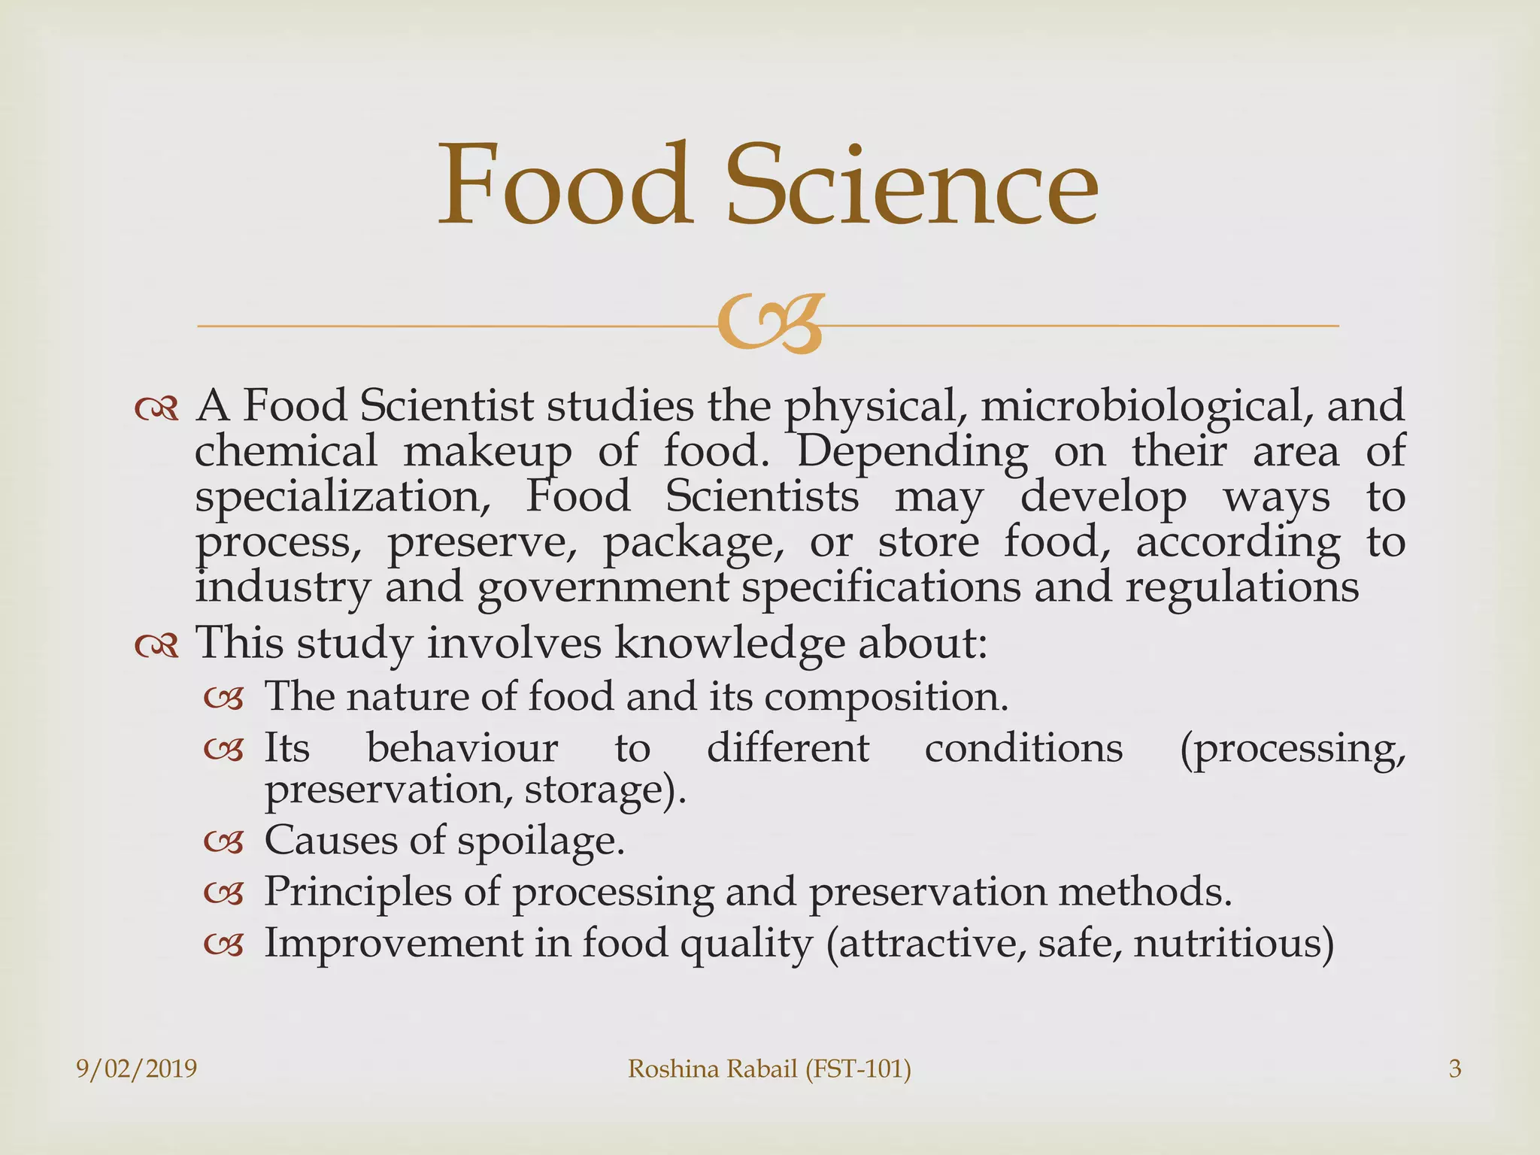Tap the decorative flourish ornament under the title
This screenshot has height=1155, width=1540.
[768, 325]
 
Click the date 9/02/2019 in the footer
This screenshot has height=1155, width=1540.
[137, 1069]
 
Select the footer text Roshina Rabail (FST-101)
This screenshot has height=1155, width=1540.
[769, 1069]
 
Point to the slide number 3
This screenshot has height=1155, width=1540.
[1454, 1069]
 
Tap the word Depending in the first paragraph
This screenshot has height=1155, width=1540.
[911, 452]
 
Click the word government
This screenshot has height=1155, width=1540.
[603, 588]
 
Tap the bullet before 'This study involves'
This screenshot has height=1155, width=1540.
[156, 645]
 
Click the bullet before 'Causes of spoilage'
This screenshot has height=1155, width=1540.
[224, 843]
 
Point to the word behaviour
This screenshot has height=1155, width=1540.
[462, 748]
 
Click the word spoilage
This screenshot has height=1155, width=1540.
[541, 841]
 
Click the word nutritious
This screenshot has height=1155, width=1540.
[1233, 943]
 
